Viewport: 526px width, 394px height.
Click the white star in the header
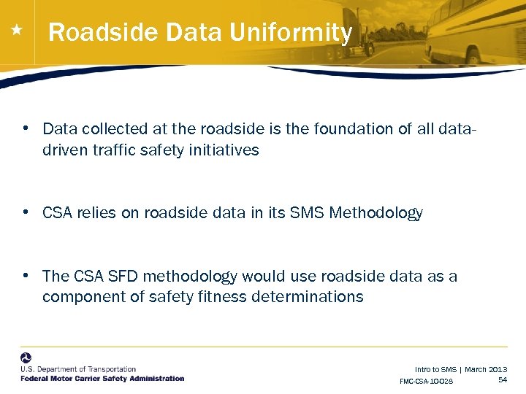[17, 31]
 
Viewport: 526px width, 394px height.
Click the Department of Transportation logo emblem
[26, 359]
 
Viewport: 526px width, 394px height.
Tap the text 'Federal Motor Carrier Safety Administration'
[102, 378]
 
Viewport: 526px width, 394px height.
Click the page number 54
[503, 380]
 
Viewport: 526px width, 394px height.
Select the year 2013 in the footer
[498, 370]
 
